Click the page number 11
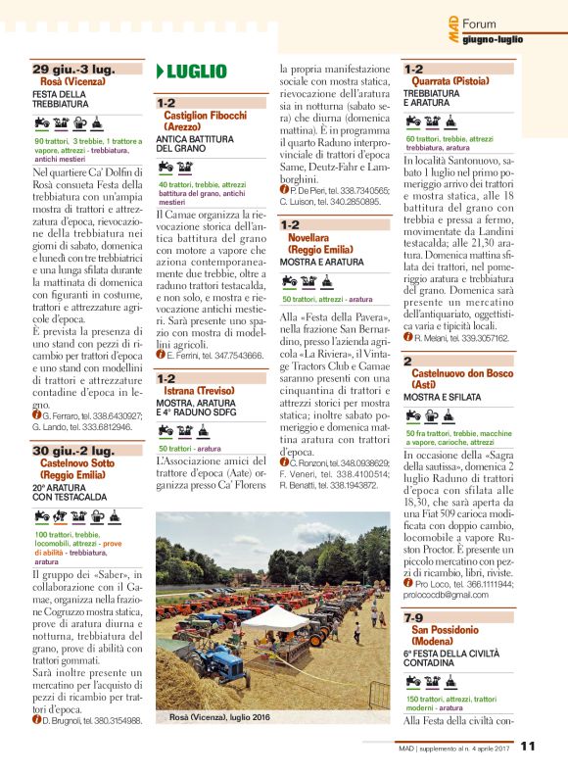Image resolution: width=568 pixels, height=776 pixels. click(x=527, y=746)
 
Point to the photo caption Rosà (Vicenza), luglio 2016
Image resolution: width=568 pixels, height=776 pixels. click(x=219, y=718)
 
